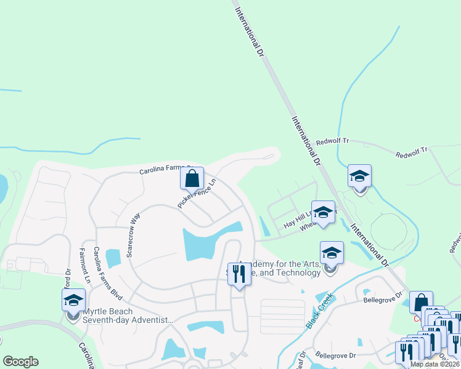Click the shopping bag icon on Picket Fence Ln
pos(192,178)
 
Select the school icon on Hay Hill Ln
pos(323,213)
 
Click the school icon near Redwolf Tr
pos(359,177)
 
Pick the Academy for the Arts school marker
pos(332,253)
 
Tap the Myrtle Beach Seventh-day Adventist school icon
pos(73,301)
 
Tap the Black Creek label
pos(319,311)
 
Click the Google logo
pos(20,362)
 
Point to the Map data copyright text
pos(434,364)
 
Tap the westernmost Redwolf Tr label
pos(332,141)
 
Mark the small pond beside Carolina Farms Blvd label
pos(113,258)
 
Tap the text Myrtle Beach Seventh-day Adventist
pos(128,315)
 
